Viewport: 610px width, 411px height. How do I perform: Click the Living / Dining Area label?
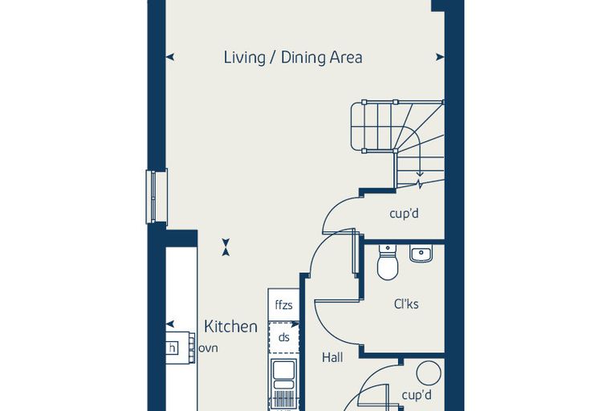pos(293,57)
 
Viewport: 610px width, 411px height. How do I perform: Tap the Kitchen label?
pos(230,327)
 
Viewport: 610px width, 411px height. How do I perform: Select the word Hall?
pos(332,357)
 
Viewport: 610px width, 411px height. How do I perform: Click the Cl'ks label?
pos(406,303)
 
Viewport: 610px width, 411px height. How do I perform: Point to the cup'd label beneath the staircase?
pos(405,214)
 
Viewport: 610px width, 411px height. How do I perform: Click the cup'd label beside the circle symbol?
pos(417,395)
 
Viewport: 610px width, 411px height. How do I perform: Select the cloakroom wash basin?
pos(421,254)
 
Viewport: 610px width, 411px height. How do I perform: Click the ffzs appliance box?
pos(283,305)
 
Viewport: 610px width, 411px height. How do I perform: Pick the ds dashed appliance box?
pos(283,337)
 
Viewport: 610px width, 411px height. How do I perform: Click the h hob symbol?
pos(172,348)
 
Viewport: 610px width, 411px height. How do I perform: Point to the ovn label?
pos(208,348)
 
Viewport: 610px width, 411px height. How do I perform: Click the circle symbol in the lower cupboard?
pos(429,372)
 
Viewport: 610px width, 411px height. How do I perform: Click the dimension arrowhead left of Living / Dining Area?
pos(170,57)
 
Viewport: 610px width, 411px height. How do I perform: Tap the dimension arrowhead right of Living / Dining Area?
pos(440,57)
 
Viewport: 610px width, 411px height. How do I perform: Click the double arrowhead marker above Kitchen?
pos(226,247)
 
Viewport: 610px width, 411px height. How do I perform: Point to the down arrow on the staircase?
pos(419,173)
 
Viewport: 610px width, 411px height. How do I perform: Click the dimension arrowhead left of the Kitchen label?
pos(170,324)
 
